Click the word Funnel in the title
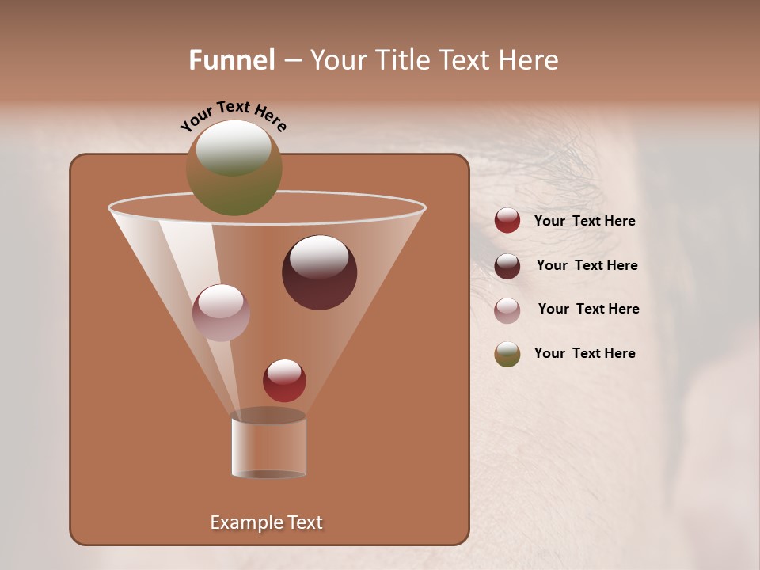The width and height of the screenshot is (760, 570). click(x=231, y=60)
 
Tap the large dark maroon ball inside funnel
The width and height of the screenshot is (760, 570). click(x=319, y=272)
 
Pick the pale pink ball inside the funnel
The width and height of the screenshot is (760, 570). click(x=221, y=312)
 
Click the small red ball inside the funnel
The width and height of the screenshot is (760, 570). click(x=284, y=380)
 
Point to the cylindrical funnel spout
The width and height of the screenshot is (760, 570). click(x=268, y=446)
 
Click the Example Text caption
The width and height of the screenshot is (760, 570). click(x=266, y=522)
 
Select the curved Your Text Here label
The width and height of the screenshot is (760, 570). click(x=233, y=116)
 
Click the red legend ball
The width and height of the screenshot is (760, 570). click(x=507, y=221)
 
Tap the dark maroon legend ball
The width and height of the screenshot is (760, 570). click(x=507, y=266)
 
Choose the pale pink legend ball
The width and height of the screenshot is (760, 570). click(x=507, y=310)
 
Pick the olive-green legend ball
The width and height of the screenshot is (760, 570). click(x=507, y=354)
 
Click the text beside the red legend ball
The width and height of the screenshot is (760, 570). click(x=584, y=222)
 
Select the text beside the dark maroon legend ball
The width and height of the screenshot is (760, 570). click(x=587, y=265)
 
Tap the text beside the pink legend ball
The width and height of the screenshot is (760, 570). click(x=588, y=309)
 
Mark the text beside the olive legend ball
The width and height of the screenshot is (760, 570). click(x=584, y=353)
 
